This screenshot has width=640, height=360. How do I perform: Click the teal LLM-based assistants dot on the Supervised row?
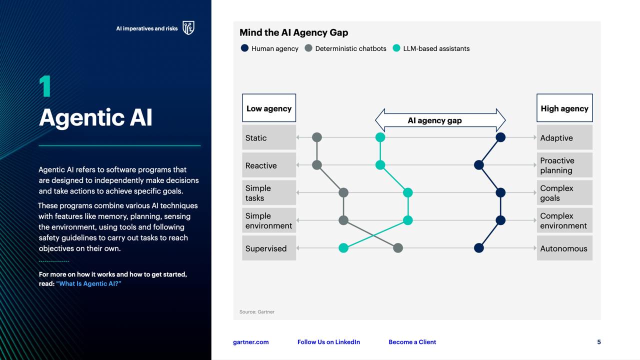click(343, 248)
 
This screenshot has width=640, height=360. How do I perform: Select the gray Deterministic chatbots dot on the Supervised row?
click(398, 248)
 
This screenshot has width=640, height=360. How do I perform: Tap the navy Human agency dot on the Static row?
click(500, 137)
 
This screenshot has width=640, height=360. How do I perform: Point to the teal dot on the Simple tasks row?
click(407, 192)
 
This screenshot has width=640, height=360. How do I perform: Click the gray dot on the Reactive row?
click(317, 165)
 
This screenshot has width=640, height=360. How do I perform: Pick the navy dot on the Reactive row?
click(479, 165)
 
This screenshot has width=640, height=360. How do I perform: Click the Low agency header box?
click(269, 108)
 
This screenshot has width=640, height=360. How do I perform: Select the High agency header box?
click(564, 108)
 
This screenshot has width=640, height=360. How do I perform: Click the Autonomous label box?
click(564, 248)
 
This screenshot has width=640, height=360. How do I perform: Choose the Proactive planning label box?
click(564, 165)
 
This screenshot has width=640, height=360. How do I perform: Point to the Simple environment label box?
click(269, 220)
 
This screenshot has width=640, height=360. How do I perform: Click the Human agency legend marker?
click(244, 48)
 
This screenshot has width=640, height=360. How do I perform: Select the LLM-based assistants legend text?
click(436, 48)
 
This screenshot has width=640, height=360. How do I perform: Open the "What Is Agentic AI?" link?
click(88, 283)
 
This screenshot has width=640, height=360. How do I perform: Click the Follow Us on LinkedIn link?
click(328, 342)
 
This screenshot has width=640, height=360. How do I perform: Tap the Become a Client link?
click(412, 342)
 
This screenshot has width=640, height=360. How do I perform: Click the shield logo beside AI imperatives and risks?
click(188, 27)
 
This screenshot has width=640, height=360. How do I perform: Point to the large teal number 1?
click(45, 86)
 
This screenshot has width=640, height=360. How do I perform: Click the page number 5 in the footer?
click(599, 342)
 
